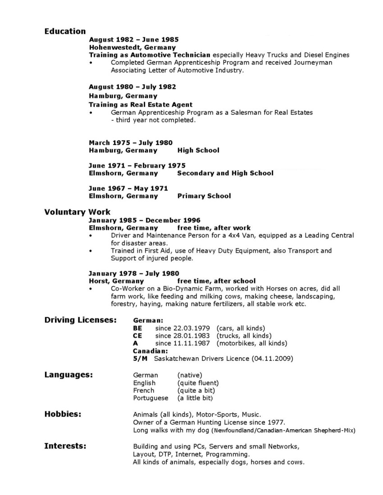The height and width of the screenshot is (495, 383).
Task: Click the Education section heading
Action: (65, 32)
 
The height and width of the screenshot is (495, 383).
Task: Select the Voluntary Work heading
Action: (77, 212)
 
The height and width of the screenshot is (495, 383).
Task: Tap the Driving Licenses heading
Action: (80, 320)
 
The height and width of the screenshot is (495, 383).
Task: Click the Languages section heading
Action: (68, 375)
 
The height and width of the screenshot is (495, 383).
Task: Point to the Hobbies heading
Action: (63, 414)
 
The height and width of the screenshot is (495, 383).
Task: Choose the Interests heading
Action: (65, 446)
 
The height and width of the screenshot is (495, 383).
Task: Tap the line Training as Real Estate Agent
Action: (141, 104)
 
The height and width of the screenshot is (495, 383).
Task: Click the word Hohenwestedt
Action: (111, 47)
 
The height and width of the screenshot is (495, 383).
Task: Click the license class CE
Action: (138, 336)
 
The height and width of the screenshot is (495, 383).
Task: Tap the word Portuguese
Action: (150, 398)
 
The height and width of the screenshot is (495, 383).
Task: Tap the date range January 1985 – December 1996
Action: (142, 220)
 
